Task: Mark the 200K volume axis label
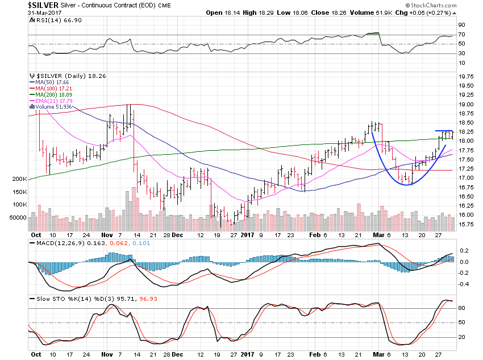coord(19,179)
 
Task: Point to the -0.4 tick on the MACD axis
coord(464,284)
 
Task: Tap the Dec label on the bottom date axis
coord(177,234)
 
